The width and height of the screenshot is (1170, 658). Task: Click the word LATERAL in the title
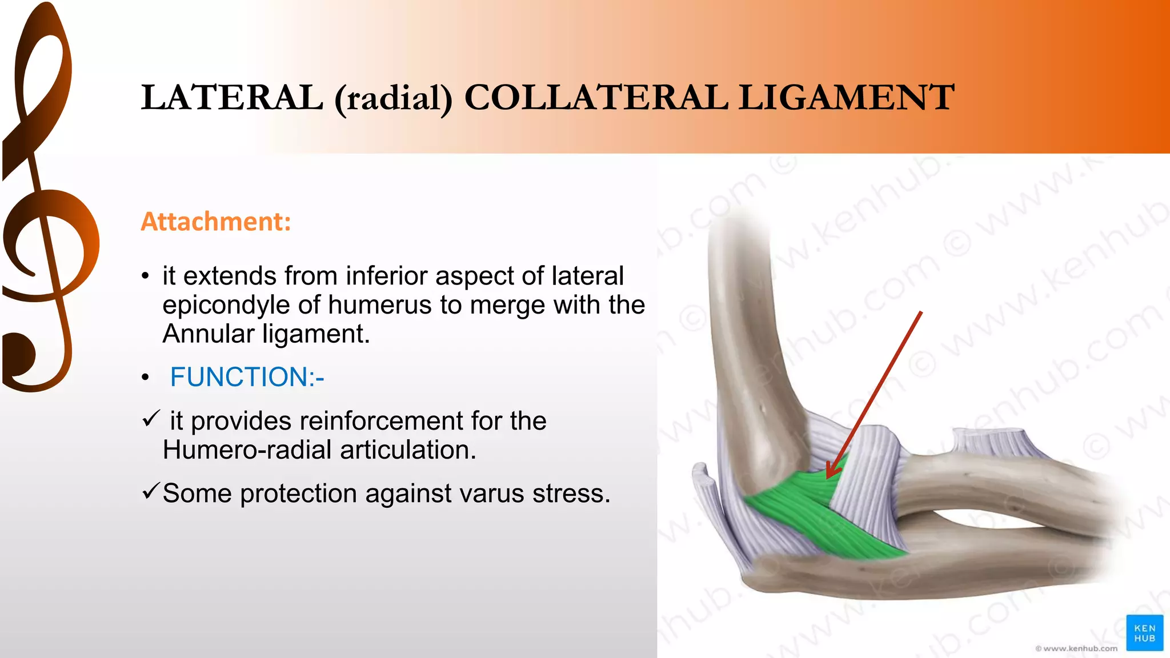click(231, 97)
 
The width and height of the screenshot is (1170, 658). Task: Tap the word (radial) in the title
click(393, 98)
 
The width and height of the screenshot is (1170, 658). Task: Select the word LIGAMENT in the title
click(846, 97)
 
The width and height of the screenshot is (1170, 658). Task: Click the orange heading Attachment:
click(216, 222)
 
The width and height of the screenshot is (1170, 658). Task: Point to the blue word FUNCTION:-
click(247, 377)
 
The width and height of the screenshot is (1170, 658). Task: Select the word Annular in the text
click(208, 334)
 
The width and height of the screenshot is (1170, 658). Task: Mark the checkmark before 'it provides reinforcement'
click(151, 419)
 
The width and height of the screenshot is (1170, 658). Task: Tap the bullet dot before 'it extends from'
click(146, 277)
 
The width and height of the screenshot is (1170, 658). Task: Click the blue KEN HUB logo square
click(1144, 633)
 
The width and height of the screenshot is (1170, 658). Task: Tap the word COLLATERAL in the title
click(596, 97)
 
